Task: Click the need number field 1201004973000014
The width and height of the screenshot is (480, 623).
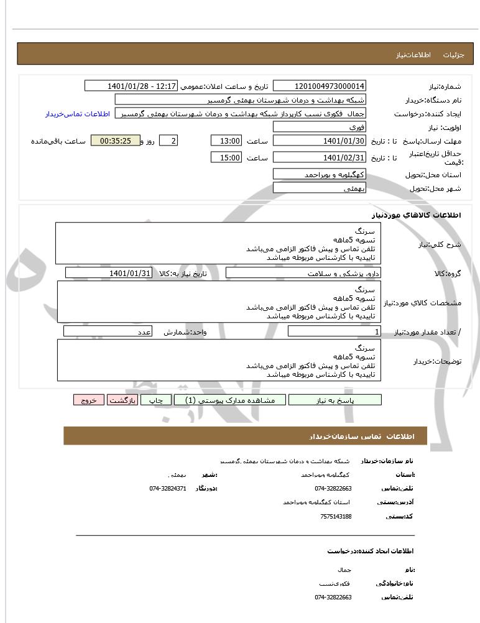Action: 320,86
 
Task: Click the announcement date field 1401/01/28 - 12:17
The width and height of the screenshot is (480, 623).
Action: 131,86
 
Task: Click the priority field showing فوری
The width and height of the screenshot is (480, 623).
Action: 320,127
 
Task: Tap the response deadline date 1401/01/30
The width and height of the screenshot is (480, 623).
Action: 320,141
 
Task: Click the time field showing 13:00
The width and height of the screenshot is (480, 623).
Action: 226,141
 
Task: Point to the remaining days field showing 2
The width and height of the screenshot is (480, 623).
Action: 168,141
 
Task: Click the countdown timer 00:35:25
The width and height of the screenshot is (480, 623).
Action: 115,141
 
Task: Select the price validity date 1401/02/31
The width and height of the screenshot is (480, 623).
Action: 320,158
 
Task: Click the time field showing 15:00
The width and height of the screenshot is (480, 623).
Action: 226,158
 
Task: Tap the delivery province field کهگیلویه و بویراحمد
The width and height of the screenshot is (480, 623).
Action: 320,175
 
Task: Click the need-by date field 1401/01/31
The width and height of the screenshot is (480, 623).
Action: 109,273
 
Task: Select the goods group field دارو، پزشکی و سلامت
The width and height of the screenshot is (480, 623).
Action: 303,273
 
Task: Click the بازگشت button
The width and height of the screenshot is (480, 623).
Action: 122,400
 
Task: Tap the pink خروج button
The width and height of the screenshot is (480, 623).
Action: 88,400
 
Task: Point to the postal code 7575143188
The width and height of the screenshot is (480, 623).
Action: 336,516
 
